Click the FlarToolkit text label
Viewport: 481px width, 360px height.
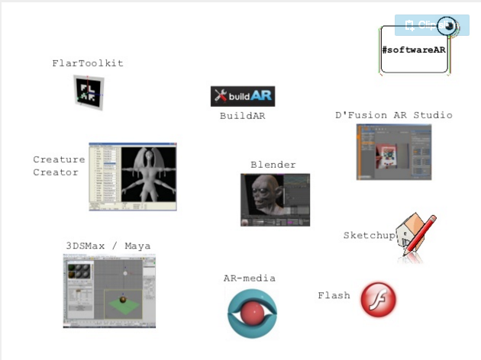coord(88,63)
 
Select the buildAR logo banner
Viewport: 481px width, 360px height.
coord(242,96)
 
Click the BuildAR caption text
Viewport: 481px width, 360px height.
coord(242,116)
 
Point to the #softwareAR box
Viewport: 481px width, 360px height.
coord(414,50)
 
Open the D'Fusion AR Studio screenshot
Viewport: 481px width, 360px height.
coord(393,152)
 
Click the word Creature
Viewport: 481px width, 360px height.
coord(59,159)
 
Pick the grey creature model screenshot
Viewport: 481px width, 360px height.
coord(133,176)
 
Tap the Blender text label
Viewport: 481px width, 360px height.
coord(273,165)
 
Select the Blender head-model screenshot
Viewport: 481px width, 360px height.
coord(275,199)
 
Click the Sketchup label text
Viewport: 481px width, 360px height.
coord(369,236)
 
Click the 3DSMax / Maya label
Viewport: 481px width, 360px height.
coord(108,246)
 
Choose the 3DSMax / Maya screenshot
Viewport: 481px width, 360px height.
coord(109,291)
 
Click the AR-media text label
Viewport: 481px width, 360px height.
coord(249,278)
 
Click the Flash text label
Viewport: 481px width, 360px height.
coord(334,295)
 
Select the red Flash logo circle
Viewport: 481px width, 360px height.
coord(379,299)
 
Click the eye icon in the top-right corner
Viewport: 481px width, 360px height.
coord(448,26)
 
